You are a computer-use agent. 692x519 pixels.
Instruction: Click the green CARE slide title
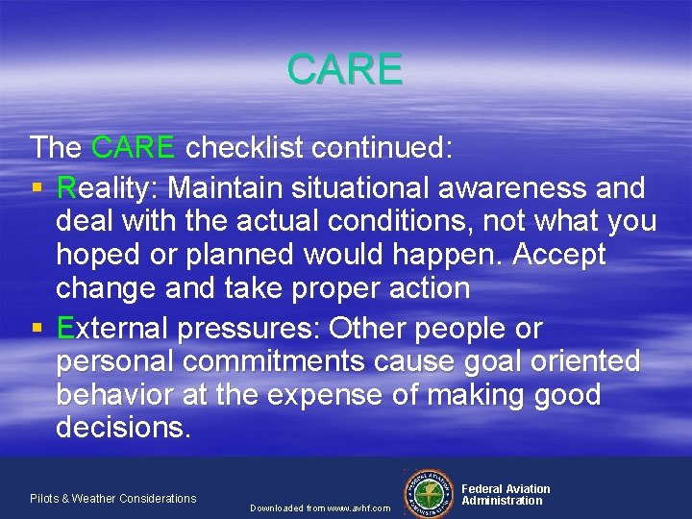tap(345, 69)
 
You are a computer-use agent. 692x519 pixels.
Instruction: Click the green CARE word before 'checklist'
tap(134, 147)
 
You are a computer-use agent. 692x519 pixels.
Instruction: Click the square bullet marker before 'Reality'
tap(37, 186)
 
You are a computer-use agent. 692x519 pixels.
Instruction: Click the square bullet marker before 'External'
tap(37, 329)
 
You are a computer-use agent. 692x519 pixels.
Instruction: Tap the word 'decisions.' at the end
tap(124, 428)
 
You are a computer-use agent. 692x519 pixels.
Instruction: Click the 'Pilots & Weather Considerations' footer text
tap(112, 498)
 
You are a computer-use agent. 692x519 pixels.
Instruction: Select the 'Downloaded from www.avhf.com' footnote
tap(320, 507)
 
